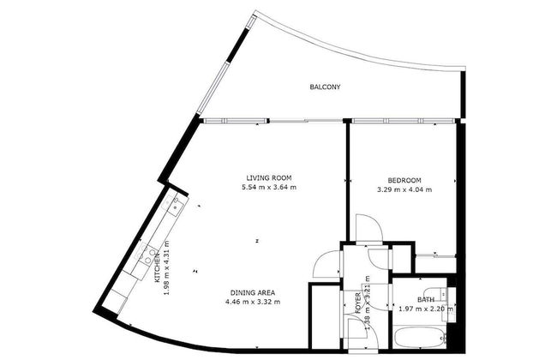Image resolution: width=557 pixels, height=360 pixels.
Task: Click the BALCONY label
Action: pyautogui.click(x=326, y=87)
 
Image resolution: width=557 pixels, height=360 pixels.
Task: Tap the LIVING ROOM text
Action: pyautogui.click(x=264, y=177)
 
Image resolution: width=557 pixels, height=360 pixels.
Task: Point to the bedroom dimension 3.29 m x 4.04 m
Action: pyautogui.click(x=404, y=189)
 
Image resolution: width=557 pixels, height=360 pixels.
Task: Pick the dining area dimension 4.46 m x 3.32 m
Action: pyautogui.click(x=253, y=302)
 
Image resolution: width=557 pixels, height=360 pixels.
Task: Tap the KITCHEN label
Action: pyautogui.click(x=158, y=271)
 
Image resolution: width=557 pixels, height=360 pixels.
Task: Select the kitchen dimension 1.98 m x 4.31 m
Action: pyautogui.click(x=167, y=267)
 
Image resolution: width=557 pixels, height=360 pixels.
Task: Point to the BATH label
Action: pyautogui.click(x=426, y=300)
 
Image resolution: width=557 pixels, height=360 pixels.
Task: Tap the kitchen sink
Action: pyautogui.click(x=175, y=205)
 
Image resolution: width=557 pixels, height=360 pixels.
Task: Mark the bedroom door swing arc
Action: pyautogui.click(x=367, y=228)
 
